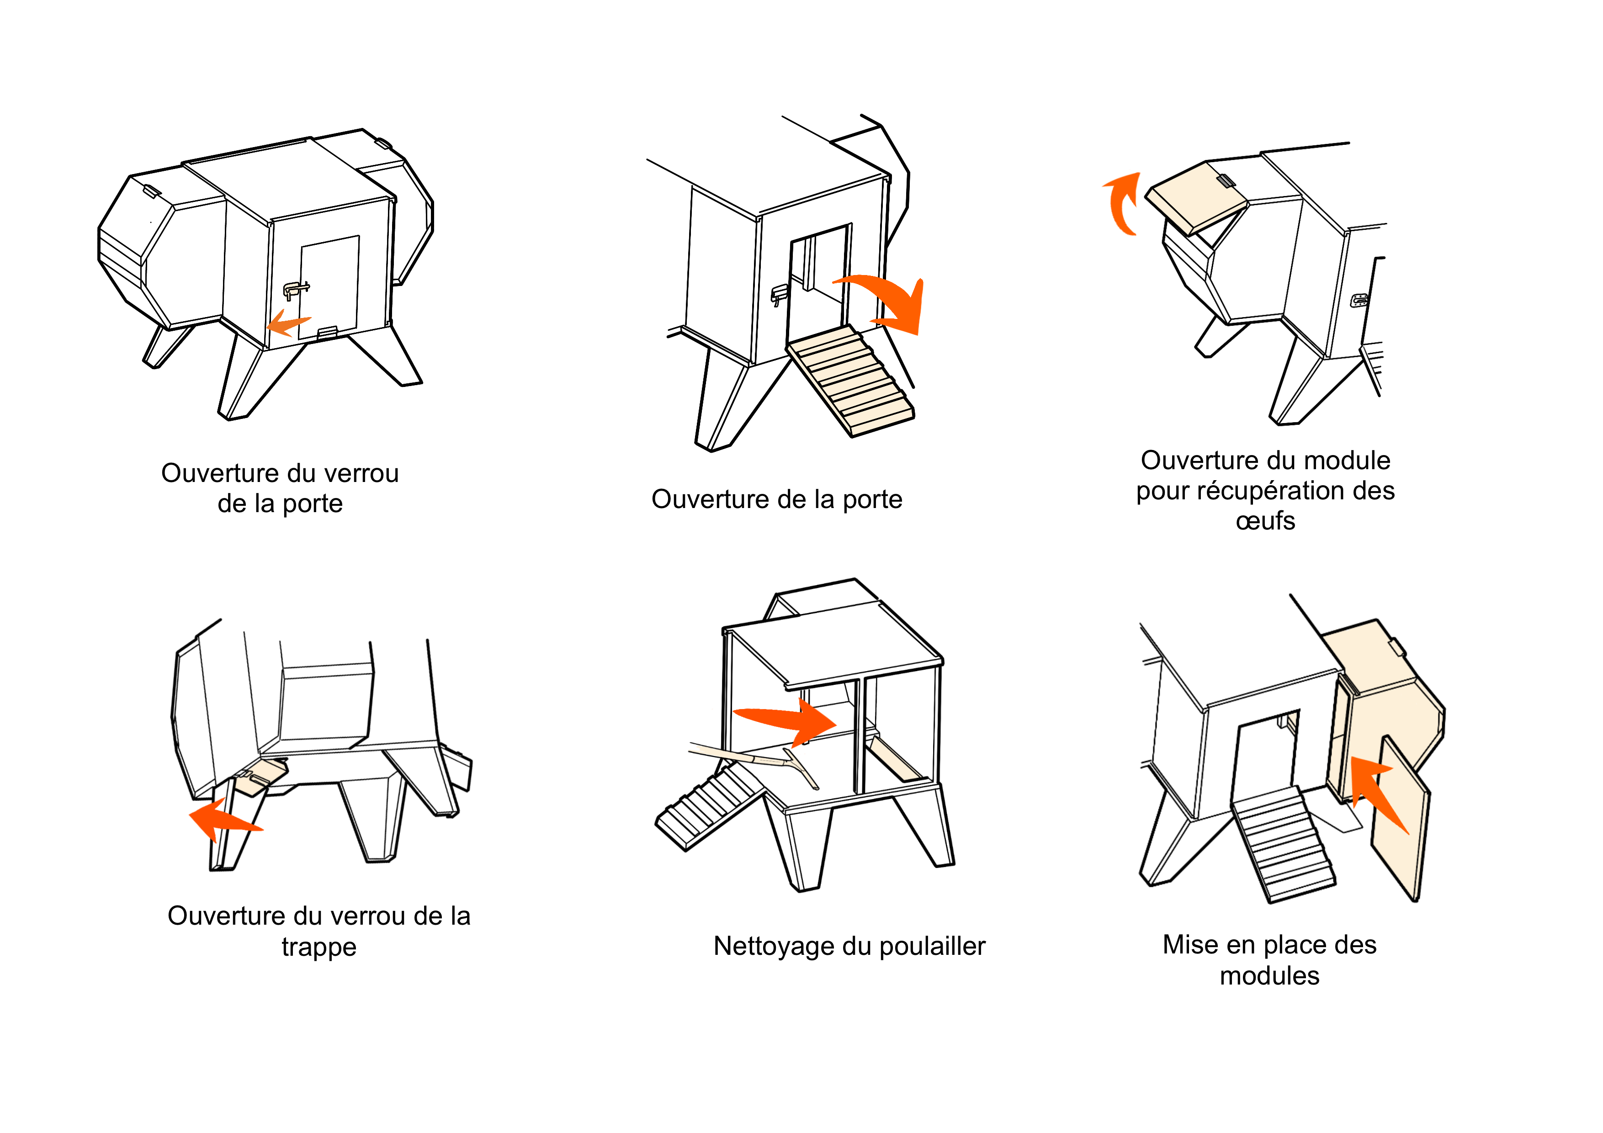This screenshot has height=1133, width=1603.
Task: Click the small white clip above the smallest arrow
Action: tap(295, 290)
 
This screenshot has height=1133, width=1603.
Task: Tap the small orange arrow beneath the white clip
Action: tap(286, 325)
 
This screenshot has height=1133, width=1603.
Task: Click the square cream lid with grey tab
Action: tap(1195, 197)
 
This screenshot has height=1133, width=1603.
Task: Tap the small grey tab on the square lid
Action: tap(1224, 181)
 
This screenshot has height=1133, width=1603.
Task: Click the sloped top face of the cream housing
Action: tap(1369, 653)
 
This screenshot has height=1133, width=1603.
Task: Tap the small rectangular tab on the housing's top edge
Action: tap(1395, 648)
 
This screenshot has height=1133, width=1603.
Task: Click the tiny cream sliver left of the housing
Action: tap(1292, 723)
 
